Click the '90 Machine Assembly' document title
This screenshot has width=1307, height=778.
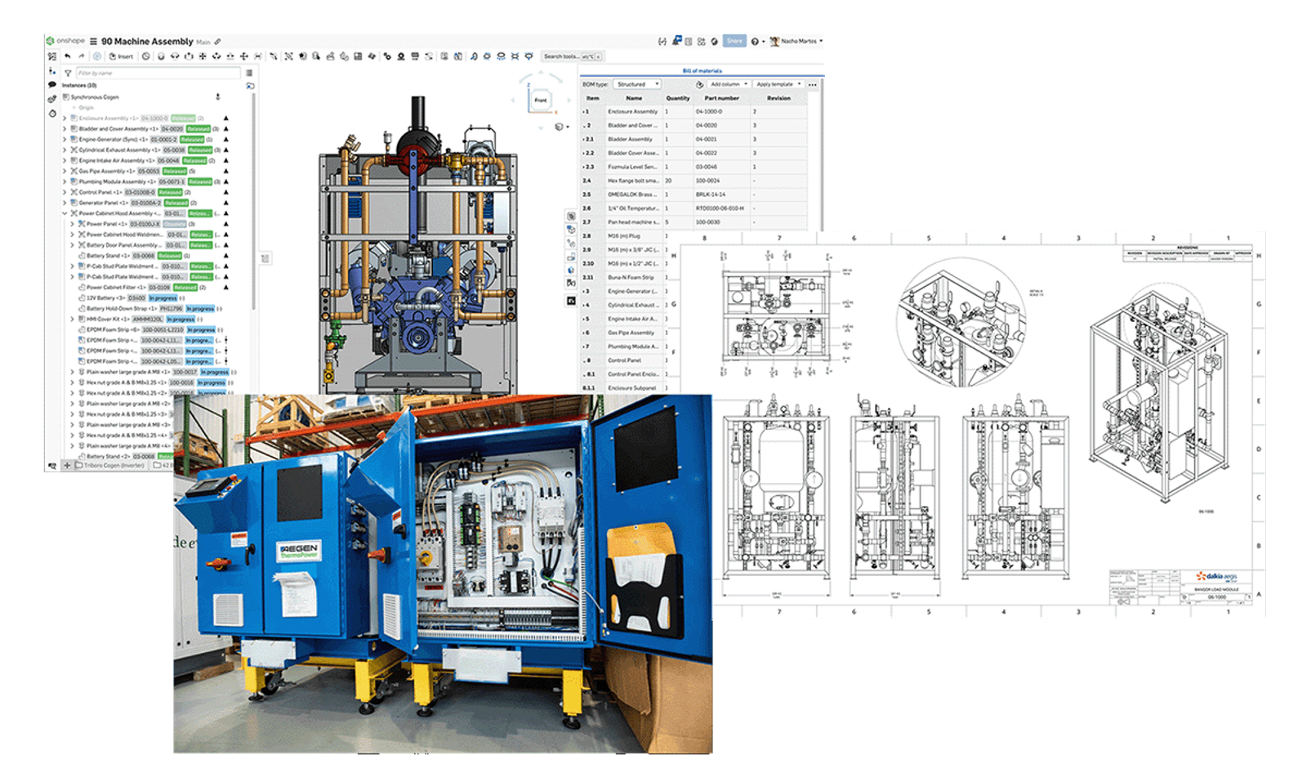[x=147, y=41]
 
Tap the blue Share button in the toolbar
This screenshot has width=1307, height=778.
[x=734, y=41]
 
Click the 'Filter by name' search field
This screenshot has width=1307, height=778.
[x=155, y=73]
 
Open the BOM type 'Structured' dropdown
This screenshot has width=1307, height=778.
[x=636, y=84]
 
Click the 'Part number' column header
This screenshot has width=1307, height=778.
[x=721, y=98]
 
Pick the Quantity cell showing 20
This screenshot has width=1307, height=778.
[x=668, y=181]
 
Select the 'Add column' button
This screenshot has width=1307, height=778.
[x=727, y=84]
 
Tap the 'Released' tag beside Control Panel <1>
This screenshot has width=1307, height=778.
[x=170, y=192]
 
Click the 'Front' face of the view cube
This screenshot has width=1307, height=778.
[x=541, y=101]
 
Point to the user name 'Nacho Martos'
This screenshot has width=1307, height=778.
[x=798, y=41]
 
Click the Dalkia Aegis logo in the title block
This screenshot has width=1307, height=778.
[x=1217, y=576]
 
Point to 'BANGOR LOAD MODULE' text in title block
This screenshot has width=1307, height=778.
[x=1216, y=589]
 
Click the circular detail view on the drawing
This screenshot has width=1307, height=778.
[x=961, y=321]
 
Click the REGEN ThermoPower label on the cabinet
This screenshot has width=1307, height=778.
[x=298, y=550]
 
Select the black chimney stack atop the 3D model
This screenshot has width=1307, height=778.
[x=418, y=114]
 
